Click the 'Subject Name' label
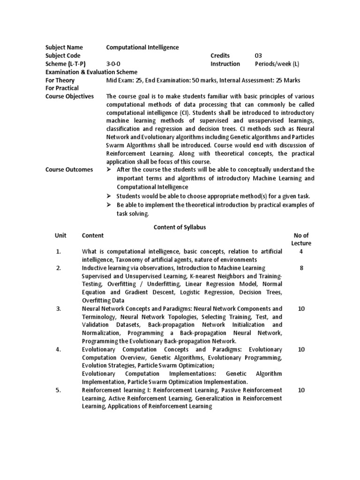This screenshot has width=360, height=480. coord(64,47)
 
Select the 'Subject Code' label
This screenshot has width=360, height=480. coord(64,56)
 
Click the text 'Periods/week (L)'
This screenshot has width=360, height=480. coord(277,64)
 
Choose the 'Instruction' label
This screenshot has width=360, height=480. coord(225,64)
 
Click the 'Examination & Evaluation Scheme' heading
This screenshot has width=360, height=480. coord(91,72)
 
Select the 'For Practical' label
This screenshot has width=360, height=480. coord(62,88)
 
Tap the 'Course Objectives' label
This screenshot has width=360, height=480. coord(69,97)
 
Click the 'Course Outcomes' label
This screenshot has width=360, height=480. coord(69,170)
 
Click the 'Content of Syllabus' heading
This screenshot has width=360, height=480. coord(180,227)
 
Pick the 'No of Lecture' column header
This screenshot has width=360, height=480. coord(301,239)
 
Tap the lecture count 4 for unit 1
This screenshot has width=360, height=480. coord(301,252)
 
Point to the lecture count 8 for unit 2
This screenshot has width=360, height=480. coord(301,268)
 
